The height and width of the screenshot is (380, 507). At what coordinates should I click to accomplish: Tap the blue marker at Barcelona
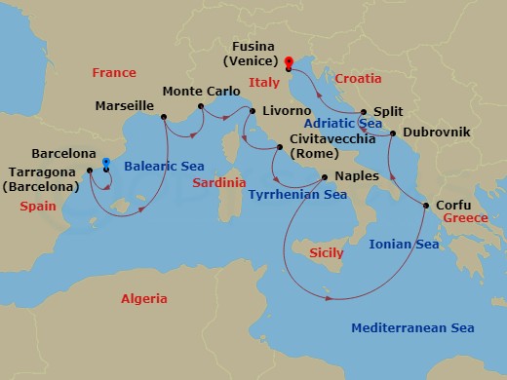click(x=105, y=162)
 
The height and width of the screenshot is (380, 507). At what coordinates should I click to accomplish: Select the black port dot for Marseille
click(x=163, y=117)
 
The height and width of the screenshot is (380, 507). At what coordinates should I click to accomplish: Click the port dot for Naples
click(x=325, y=176)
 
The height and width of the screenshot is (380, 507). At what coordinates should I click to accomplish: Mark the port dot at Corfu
click(x=425, y=206)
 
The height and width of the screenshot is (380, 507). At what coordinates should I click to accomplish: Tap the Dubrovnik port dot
click(x=392, y=133)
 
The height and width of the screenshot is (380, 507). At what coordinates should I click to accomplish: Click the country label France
click(x=113, y=73)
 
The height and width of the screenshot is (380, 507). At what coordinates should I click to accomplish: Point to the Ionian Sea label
click(x=401, y=246)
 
